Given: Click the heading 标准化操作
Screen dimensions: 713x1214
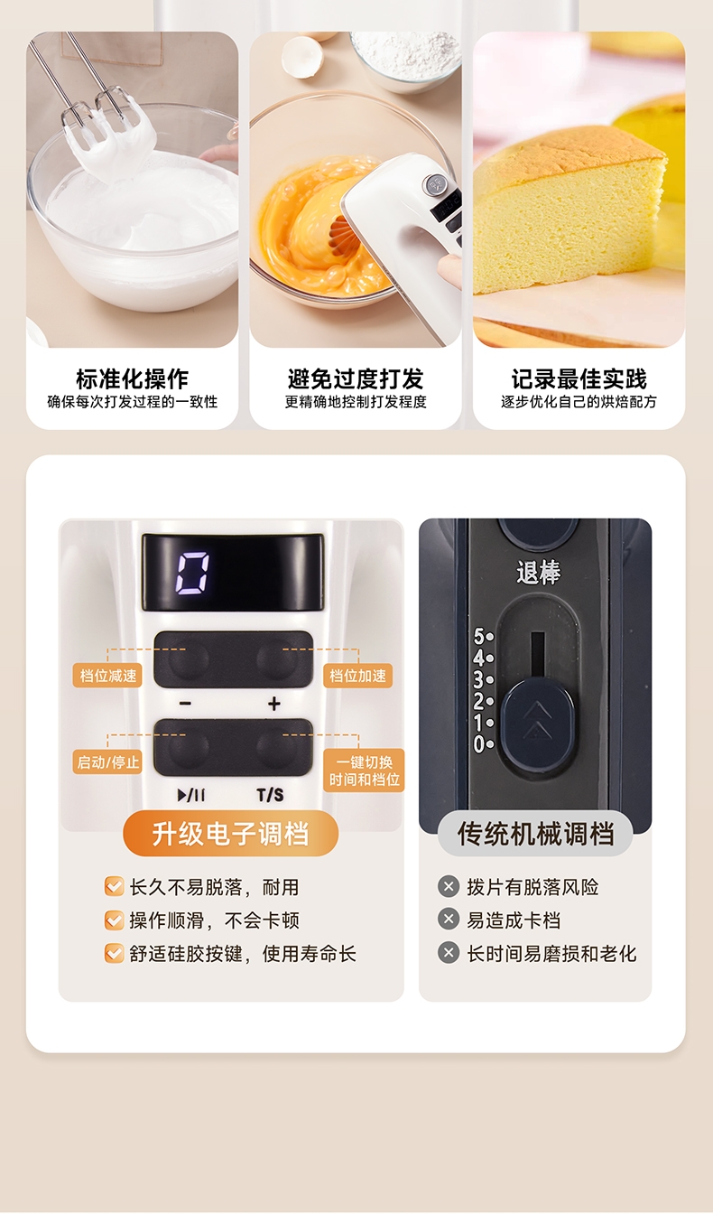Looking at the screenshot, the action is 132,378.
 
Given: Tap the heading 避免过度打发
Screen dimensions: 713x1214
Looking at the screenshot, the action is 356,378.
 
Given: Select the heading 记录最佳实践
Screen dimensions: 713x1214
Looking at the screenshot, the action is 579,378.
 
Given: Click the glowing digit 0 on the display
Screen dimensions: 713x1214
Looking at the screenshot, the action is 192,573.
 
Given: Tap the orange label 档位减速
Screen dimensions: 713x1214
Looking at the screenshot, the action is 107,676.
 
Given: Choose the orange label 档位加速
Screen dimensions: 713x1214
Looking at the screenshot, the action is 357,676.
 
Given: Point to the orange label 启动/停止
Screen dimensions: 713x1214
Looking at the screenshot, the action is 107,762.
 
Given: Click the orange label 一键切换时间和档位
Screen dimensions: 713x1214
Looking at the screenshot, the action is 364,770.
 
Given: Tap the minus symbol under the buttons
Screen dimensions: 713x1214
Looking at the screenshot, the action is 185,704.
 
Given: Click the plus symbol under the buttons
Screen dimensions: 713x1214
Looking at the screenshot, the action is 274,704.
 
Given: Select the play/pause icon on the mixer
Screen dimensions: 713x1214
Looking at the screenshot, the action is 191,795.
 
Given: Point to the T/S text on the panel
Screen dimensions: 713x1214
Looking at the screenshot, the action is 270,795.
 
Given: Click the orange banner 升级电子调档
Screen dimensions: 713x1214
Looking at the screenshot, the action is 231,834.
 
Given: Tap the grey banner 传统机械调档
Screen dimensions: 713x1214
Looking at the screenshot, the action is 535,834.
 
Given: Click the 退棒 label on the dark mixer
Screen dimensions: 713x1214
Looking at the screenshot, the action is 538,573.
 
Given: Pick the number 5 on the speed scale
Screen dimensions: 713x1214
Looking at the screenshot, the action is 479,636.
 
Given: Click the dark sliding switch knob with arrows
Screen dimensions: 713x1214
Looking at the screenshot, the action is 537,722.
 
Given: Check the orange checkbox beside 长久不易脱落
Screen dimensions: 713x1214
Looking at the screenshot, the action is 115,887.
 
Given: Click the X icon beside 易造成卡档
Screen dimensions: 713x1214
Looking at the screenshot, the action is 449,920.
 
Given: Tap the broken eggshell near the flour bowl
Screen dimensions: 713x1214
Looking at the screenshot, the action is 302,55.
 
